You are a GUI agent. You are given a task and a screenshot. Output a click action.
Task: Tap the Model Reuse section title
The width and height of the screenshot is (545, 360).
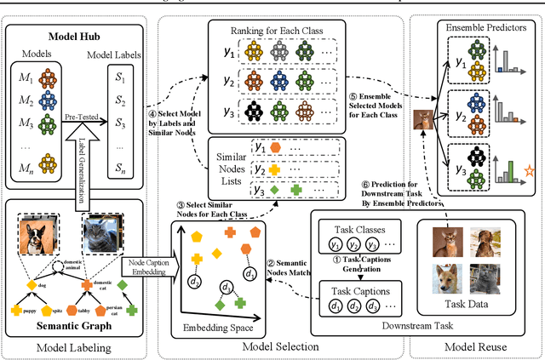tap(478, 346)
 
